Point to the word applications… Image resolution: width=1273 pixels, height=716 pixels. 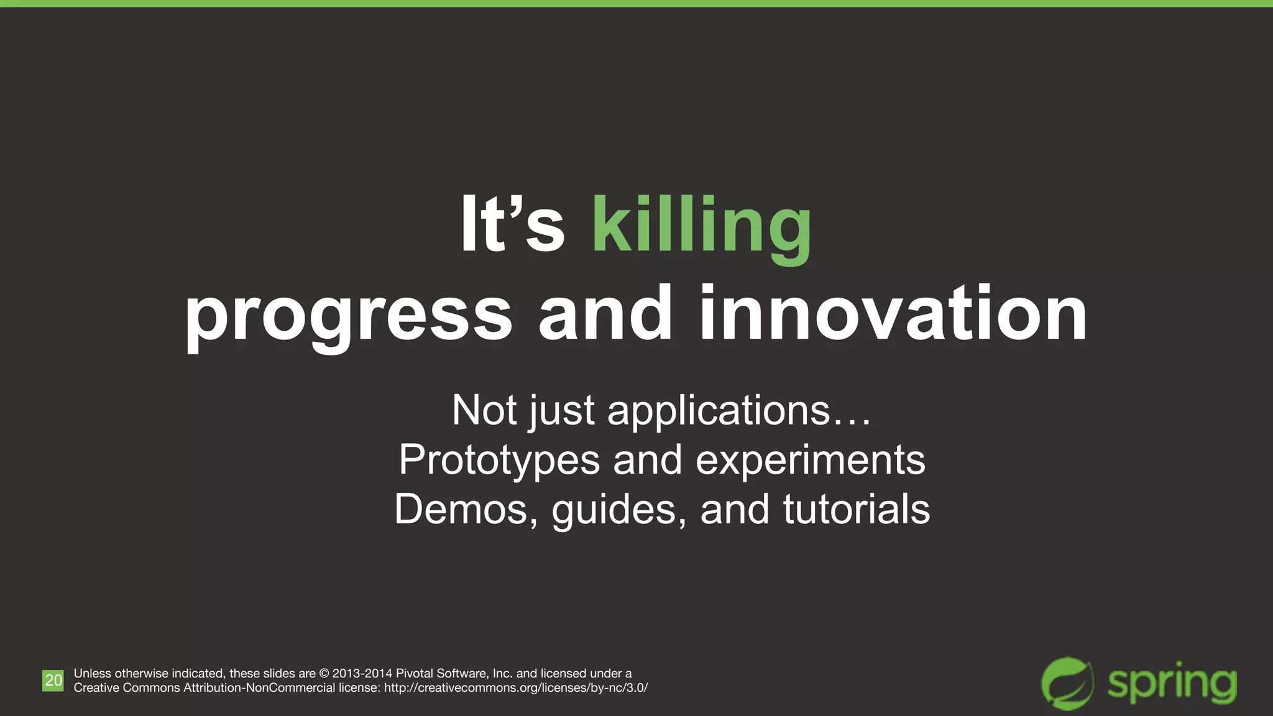tap(739, 411)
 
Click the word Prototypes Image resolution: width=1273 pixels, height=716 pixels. tap(499, 461)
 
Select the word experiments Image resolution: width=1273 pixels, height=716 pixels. tap(811, 461)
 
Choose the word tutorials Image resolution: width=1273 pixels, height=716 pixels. tap(856, 510)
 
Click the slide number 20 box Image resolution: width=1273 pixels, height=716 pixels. tap(53, 681)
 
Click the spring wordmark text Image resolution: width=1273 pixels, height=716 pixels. tap(1172, 684)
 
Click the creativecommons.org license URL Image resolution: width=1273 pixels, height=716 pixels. tap(516, 688)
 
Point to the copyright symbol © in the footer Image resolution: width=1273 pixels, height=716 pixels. tap(324, 674)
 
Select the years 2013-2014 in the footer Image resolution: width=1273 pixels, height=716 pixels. tap(362, 674)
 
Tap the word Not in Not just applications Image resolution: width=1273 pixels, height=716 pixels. tap(484, 411)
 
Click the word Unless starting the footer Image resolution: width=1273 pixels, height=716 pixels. tap(92, 674)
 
